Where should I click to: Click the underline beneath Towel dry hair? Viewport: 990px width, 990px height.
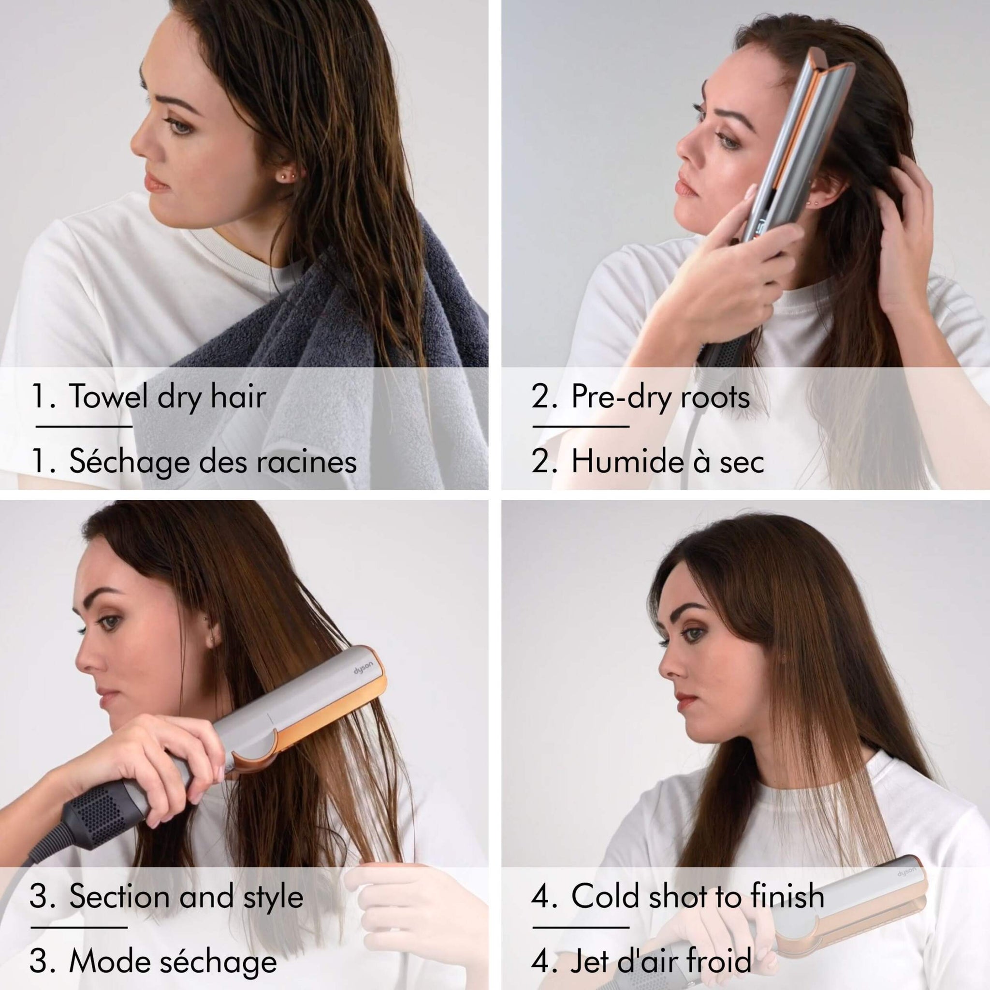[x=84, y=426]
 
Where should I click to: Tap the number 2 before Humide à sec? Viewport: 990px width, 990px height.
[x=541, y=461]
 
